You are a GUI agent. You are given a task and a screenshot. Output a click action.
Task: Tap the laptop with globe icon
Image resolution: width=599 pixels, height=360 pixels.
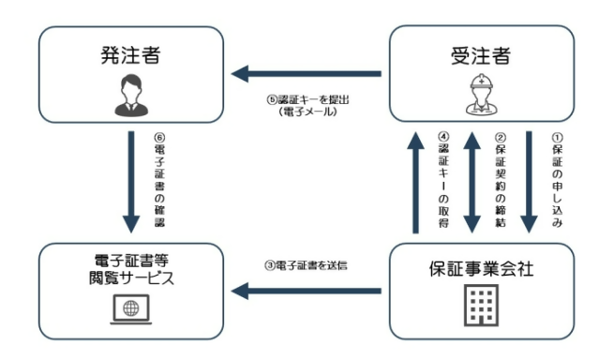(129, 306)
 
